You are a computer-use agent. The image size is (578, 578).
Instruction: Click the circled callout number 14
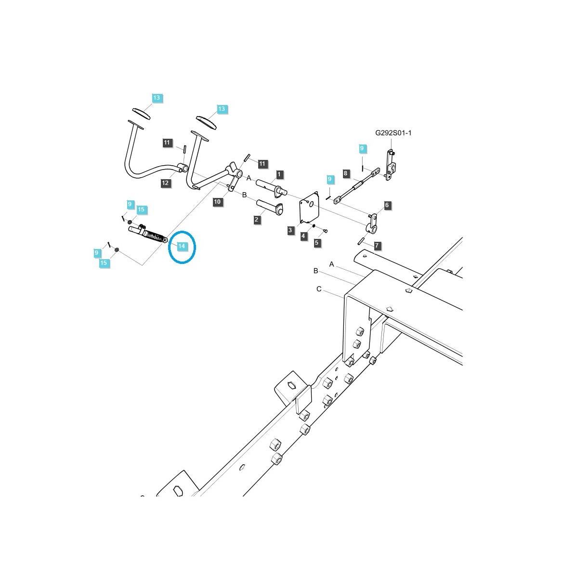(182, 246)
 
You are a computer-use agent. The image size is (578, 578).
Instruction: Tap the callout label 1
(279, 174)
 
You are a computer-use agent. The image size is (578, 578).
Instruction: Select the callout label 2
(257, 220)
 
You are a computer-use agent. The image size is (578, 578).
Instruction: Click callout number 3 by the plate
(290, 231)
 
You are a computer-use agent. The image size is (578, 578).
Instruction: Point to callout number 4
(303, 236)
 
